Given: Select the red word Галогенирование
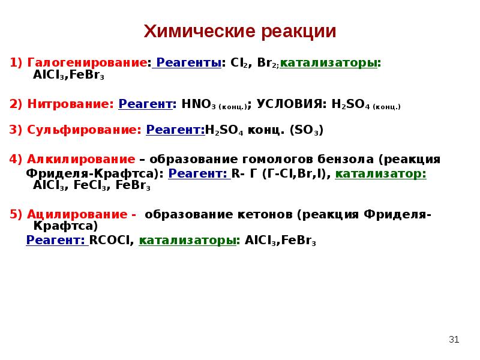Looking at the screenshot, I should click(x=86, y=63).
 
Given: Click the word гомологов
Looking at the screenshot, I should click(x=265, y=160).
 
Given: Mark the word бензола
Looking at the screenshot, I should click(x=340, y=160).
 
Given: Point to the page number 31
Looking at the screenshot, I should click(x=454, y=340).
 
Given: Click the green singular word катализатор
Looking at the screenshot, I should click(x=380, y=174).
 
